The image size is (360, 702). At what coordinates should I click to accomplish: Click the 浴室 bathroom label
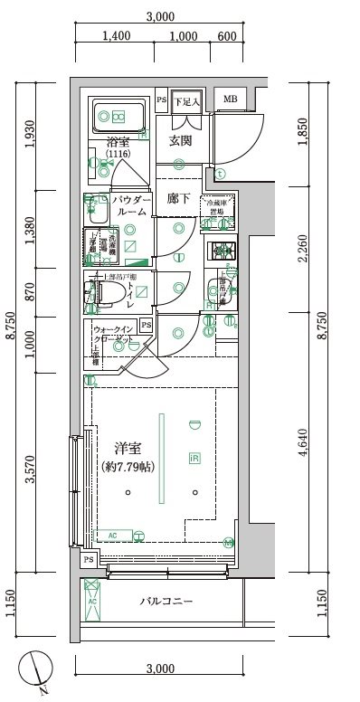(118, 142)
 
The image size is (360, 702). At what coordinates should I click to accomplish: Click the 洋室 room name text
(127, 449)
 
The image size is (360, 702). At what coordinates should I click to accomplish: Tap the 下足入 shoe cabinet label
(187, 100)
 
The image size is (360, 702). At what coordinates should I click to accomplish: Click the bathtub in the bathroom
(119, 117)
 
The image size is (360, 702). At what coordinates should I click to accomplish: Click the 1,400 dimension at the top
(118, 36)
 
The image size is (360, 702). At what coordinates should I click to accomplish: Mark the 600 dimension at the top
(227, 36)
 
